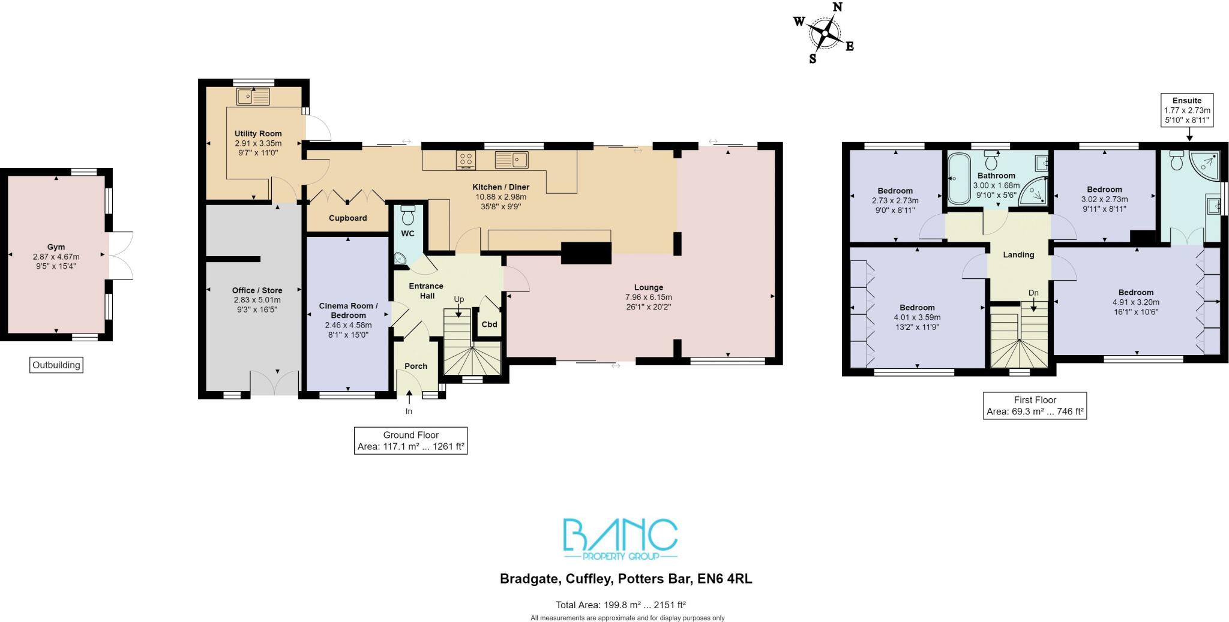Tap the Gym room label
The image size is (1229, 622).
coord(56,247)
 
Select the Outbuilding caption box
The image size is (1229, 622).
coord(56,365)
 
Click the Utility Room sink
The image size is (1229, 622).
coord(253,96)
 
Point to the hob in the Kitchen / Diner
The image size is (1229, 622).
coord(466,160)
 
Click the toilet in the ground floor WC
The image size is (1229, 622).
coord(408,215)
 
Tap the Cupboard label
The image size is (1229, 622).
coord(347,218)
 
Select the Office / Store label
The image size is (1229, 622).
coord(257,290)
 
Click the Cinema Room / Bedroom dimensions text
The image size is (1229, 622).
coord(348,330)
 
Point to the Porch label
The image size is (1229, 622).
coord(416,366)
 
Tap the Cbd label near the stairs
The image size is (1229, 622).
coord(489,324)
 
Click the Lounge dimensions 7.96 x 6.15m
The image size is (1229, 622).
coord(648,298)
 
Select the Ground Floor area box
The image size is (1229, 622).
coord(410,441)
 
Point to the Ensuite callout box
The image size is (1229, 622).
coord(1187,110)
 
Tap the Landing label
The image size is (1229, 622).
coord(1018,255)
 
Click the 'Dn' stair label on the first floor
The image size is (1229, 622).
coord(1033,293)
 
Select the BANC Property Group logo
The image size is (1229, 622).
coord(620,538)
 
